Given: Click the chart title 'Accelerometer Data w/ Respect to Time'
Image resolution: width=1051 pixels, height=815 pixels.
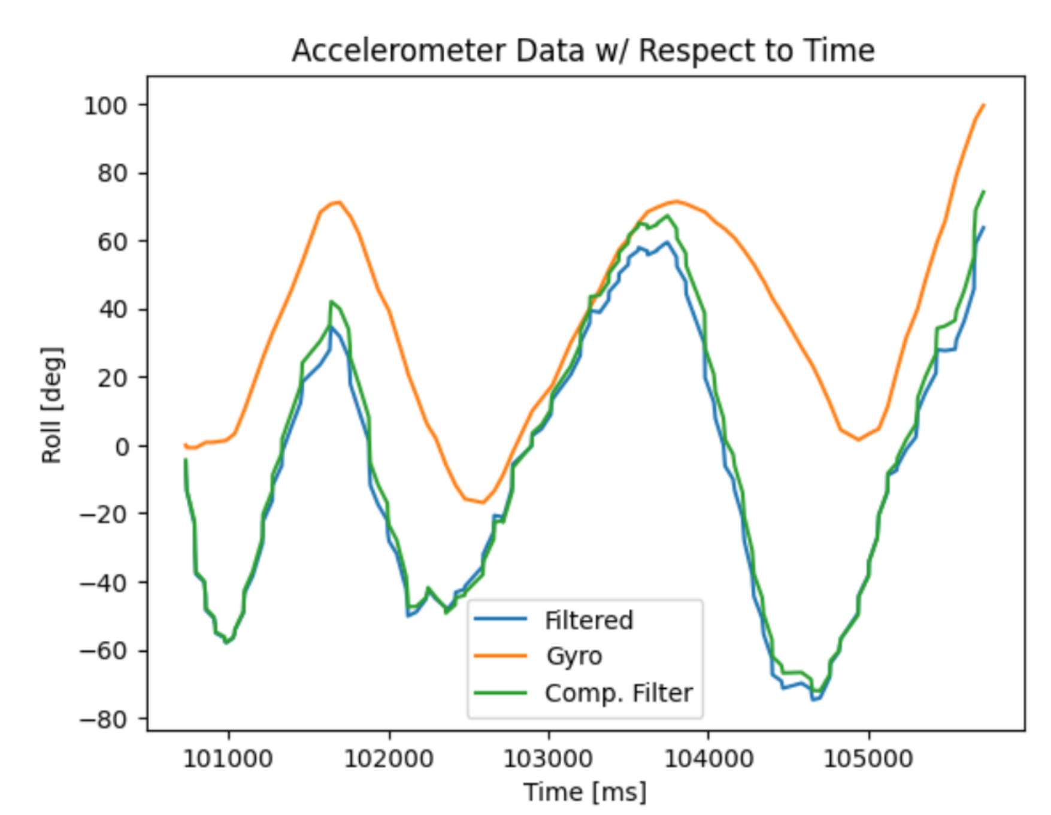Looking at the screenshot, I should (x=583, y=50).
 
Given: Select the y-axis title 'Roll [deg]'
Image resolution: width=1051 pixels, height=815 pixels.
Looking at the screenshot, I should (x=52, y=405).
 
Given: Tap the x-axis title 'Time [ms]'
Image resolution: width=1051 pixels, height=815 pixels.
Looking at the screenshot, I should (x=585, y=792).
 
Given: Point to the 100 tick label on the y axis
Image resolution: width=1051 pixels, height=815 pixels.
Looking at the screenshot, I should (x=105, y=106).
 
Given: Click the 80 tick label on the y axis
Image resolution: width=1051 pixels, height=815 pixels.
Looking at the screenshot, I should (x=113, y=174).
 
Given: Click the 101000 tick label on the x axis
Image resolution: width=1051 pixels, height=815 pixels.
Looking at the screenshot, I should (x=228, y=759).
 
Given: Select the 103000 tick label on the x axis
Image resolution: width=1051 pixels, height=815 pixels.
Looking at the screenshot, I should (x=548, y=759).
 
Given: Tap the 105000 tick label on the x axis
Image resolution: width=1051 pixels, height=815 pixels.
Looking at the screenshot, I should (x=868, y=759).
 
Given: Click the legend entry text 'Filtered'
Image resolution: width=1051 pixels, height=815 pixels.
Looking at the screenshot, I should (x=588, y=620).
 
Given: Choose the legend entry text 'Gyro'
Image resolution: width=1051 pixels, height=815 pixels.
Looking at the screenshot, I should (x=574, y=656).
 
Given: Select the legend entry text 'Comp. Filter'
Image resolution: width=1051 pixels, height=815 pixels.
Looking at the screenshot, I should (x=618, y=693).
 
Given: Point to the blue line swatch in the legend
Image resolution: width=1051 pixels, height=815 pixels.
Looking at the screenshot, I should (x=500, y=619).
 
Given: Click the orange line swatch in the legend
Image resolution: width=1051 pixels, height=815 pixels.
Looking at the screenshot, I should (x=500, y=656).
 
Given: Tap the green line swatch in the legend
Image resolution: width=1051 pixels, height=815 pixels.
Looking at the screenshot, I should (x=500, y=693).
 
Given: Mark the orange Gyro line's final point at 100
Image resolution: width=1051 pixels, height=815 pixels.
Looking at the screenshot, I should (x=983, y=105).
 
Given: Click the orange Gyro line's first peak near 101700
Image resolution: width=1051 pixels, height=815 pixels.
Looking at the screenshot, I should (x=339, y=202).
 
